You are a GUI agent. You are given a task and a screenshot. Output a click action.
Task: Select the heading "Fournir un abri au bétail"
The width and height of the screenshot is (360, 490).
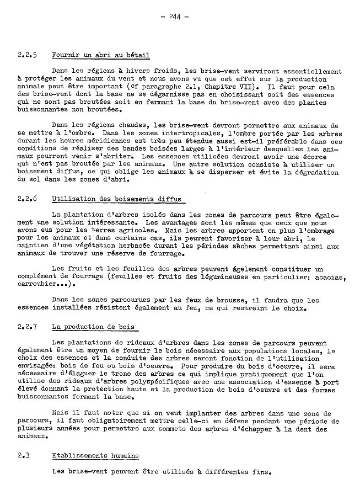click(x=100, y=55)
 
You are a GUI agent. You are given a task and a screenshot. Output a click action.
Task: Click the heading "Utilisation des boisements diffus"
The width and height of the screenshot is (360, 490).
click(x=115, y=199)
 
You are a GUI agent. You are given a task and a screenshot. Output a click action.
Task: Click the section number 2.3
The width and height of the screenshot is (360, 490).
click(x=23, y=456)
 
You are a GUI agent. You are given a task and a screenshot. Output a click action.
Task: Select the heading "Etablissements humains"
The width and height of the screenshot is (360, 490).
click(x=95, y=456)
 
